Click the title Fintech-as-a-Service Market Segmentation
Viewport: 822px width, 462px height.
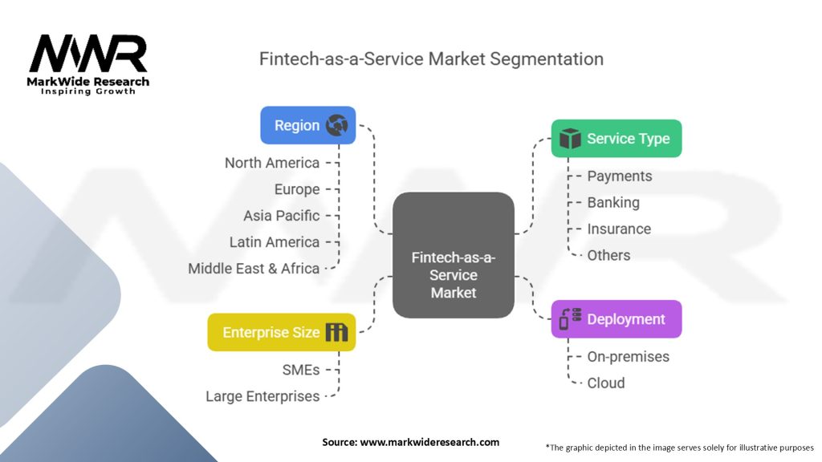431,59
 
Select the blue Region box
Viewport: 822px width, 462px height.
307,125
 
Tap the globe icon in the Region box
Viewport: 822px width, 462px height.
337,125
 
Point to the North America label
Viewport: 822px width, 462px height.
272,163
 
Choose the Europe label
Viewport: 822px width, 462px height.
297,189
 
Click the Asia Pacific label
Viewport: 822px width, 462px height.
281,216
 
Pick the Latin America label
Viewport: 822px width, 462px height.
275,242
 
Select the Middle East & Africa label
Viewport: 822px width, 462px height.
254,269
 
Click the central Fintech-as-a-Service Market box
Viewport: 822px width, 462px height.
454,255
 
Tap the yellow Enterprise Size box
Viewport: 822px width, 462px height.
281,332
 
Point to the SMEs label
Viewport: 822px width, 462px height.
301,370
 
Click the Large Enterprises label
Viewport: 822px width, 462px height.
262,396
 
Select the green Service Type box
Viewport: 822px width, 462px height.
616,139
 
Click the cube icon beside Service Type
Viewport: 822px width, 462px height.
570,139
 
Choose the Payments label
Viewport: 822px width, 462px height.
619,176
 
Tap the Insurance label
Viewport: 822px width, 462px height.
619,229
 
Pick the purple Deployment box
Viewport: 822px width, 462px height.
616,319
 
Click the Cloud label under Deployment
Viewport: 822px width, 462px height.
606,383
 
